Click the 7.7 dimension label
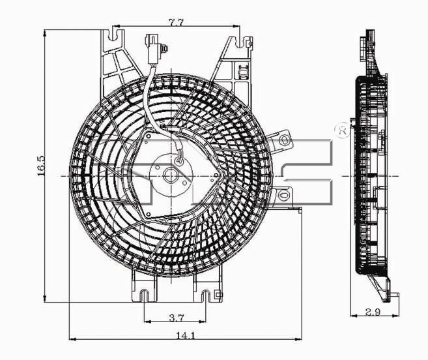pyautogui.click(x=175, y=23)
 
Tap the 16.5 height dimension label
pyautogui.click(x=40, y=166)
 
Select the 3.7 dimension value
pyautogui.click(x=177, y=318)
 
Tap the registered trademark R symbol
pyautogui.click(x=343, y=131)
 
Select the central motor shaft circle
pyautogui.click(x=171, y=175)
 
